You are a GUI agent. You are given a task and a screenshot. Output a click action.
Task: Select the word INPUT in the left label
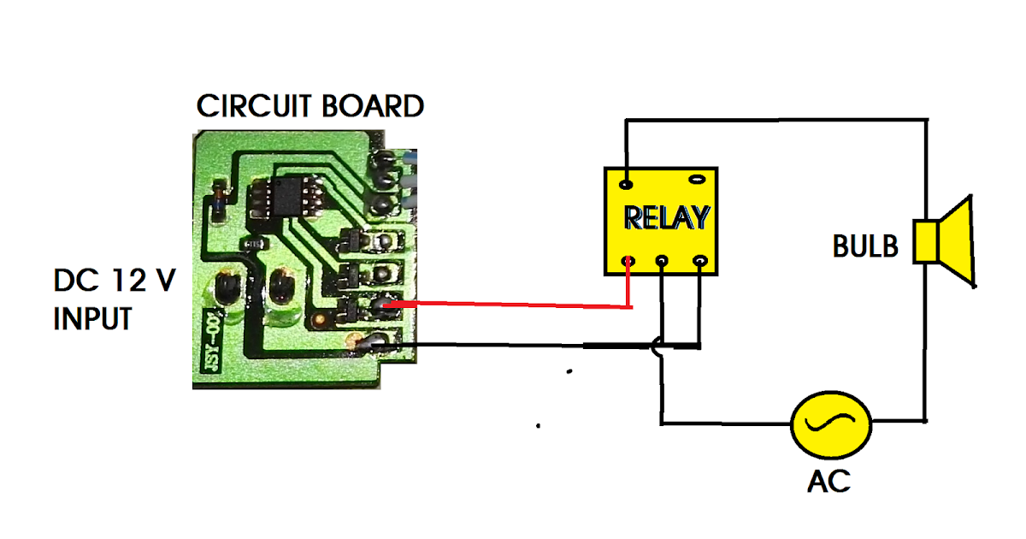[x=92, y=319]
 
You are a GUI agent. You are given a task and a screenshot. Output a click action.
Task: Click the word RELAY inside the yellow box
[x=666, y=218]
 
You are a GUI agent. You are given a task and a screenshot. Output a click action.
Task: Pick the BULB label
[x=865, y=247]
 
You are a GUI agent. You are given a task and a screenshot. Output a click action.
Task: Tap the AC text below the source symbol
[x=829, y=481]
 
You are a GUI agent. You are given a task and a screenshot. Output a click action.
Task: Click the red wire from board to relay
[x=513, y=305]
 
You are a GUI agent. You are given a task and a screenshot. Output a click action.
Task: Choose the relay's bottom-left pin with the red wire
[x=628, y=261]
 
